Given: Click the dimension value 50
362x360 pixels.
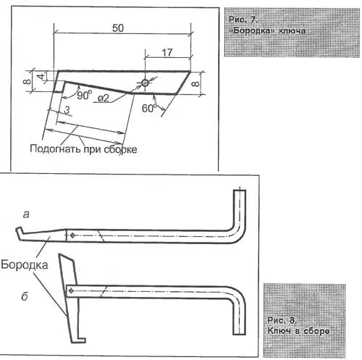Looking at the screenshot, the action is click(118, 28).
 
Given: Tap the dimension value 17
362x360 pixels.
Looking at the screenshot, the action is click(167, 52).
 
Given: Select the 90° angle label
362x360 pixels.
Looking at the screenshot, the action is click(85, 95).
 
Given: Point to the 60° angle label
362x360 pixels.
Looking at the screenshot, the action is click(149, 108).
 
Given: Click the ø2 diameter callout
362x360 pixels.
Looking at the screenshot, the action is click(104, 99).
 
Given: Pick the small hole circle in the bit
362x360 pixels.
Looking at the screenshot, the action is click(145, 83).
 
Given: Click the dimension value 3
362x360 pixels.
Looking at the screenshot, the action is click(67, 110).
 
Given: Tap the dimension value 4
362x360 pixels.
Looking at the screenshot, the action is click(41, 76).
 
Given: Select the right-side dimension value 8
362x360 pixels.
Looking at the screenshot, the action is click(195, 84).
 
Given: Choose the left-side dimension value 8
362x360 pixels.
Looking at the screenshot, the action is click(27, 81).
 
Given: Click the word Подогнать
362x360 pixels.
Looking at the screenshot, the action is click(55, 148).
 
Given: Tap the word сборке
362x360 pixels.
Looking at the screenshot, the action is click(120, 149).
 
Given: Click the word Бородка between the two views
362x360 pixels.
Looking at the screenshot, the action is click(25, 264).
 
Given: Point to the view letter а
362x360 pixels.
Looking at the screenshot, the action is click(26, 214).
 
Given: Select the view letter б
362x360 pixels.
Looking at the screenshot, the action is click(25, 296).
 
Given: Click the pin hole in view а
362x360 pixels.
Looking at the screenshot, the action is click(72, 235).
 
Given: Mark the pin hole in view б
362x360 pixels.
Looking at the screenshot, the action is click(71, 290).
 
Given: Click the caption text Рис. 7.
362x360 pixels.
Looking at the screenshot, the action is click(243, 20).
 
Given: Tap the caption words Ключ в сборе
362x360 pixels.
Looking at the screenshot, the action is click(298, 330).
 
